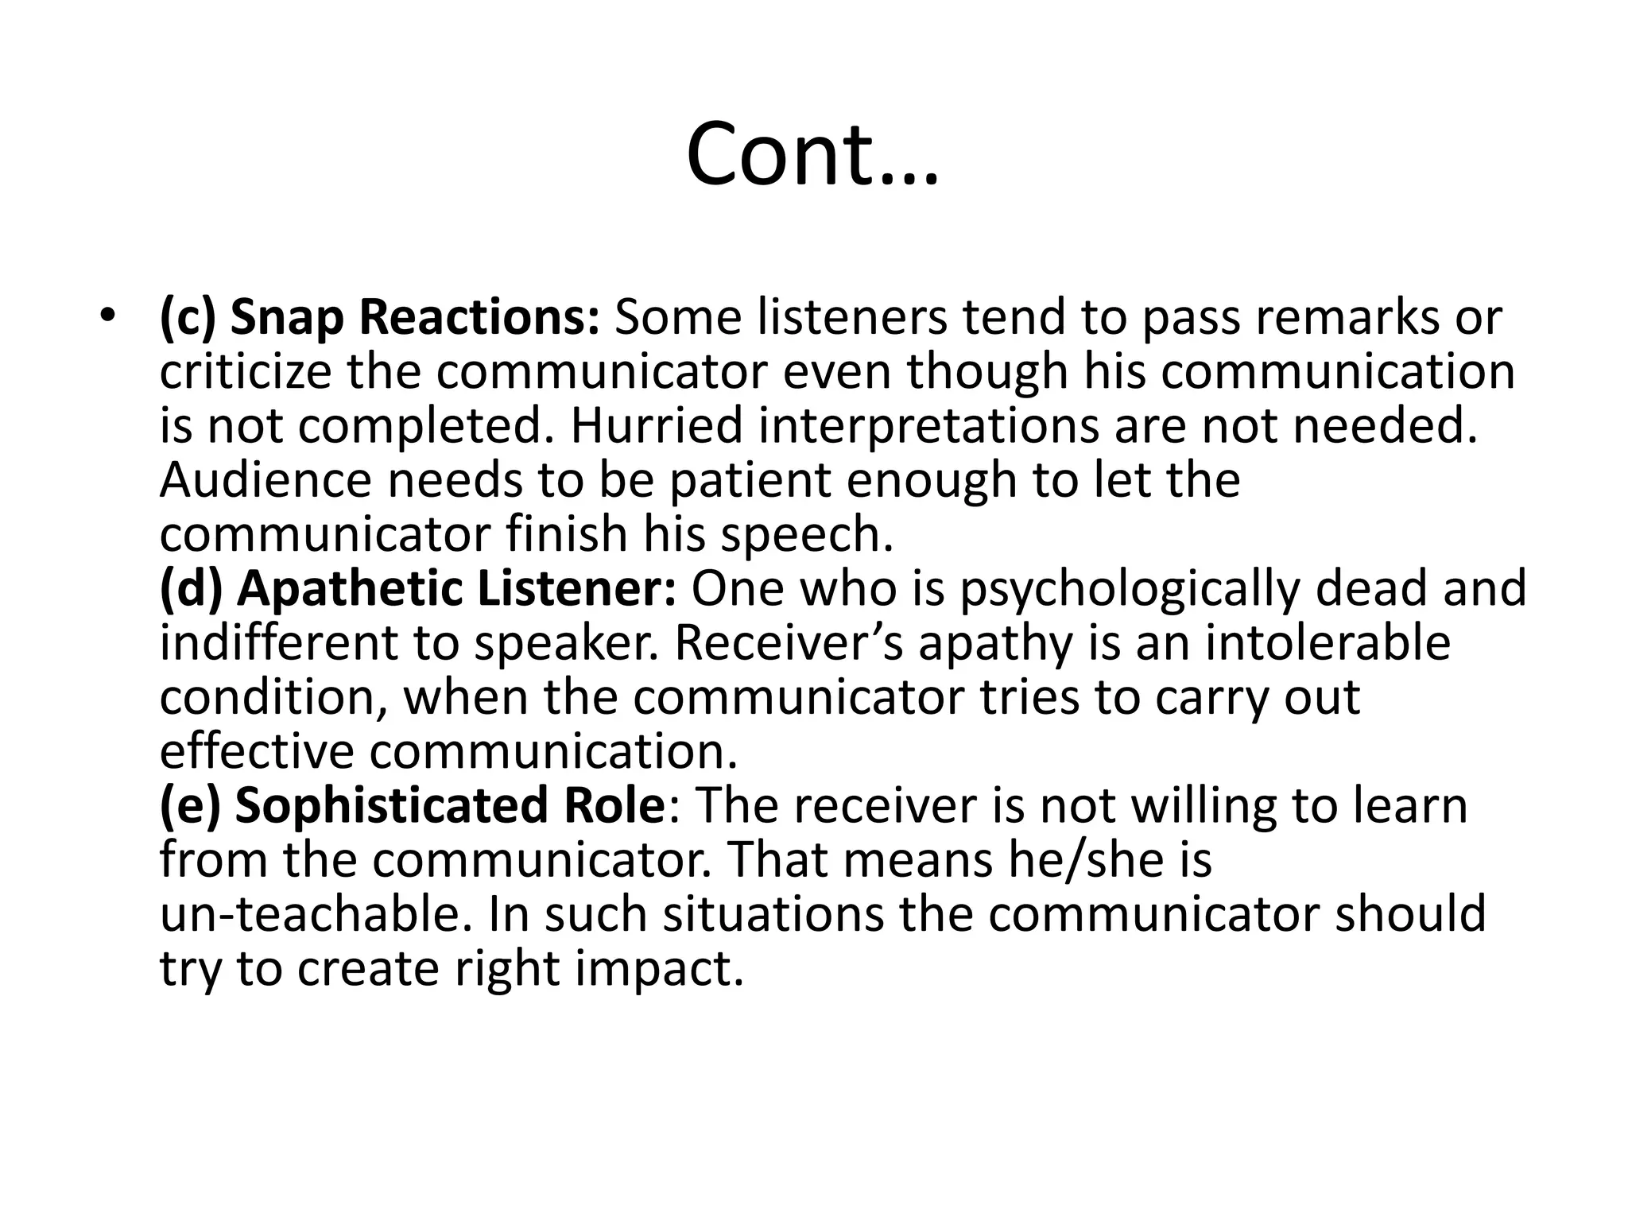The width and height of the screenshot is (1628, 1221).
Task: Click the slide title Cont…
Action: click(x=812, y=154)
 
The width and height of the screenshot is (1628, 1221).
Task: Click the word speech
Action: click(x=806, y=535)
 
